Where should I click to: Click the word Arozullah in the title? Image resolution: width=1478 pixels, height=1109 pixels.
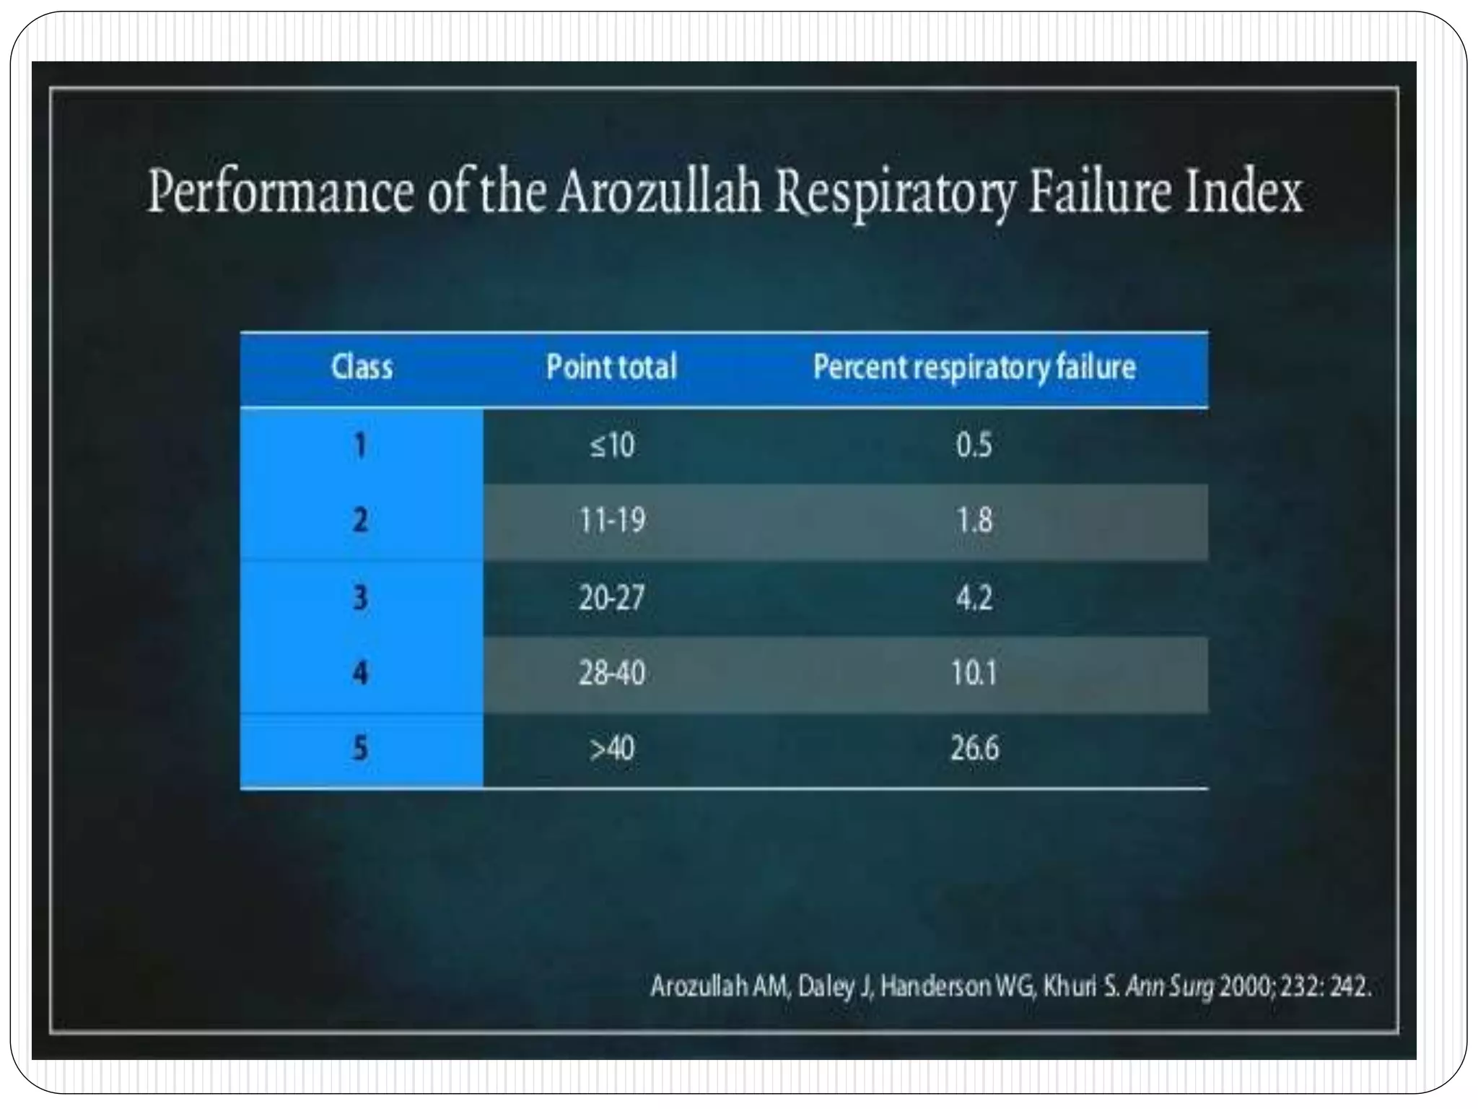[659, 192]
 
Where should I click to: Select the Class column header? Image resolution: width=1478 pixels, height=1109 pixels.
[362, 368]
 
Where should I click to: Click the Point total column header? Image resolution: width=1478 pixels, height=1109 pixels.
[611, 368]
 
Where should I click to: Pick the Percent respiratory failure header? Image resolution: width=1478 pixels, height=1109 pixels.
[974, 368]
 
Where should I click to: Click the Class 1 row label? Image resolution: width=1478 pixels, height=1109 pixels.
[360, 445]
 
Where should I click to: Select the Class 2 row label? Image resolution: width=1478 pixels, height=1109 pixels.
[360, 521]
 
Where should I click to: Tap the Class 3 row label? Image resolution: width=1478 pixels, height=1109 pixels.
[360, 598]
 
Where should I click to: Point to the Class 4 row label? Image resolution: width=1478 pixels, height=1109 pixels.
[360, 674]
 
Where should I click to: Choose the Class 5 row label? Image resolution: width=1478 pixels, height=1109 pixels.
[360, 748]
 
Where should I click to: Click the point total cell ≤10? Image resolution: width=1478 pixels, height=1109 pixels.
[612, 445]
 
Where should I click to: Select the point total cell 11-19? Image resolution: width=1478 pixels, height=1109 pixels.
[612, 521]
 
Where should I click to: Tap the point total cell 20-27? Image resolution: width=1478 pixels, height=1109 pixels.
[611, 598]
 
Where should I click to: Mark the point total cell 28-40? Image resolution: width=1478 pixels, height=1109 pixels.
[611, 674]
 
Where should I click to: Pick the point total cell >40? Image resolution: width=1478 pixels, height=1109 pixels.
[612, 748]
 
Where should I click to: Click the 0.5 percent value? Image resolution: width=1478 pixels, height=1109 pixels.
[974, 445]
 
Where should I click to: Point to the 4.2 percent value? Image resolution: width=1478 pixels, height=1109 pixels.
[974, 598]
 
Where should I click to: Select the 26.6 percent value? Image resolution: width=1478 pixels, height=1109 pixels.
[974, 748]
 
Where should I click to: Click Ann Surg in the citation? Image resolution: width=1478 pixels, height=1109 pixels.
[1170, 986]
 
